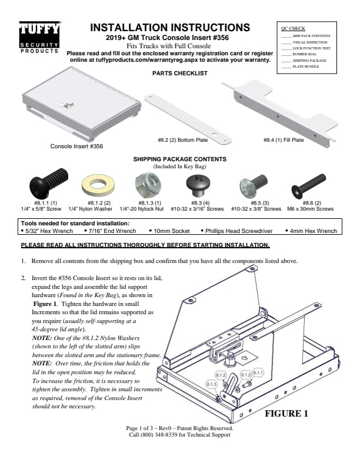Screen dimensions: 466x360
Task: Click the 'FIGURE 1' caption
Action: click(x=286, y=413)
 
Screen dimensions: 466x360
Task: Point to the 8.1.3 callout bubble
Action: click(x=212, y=384)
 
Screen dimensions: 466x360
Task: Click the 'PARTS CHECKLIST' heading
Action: click(x=179, y=74)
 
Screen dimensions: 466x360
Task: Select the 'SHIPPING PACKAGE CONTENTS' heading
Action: click(x=179, y=159)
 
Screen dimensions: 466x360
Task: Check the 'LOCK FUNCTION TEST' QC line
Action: click(x=311, y=48)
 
